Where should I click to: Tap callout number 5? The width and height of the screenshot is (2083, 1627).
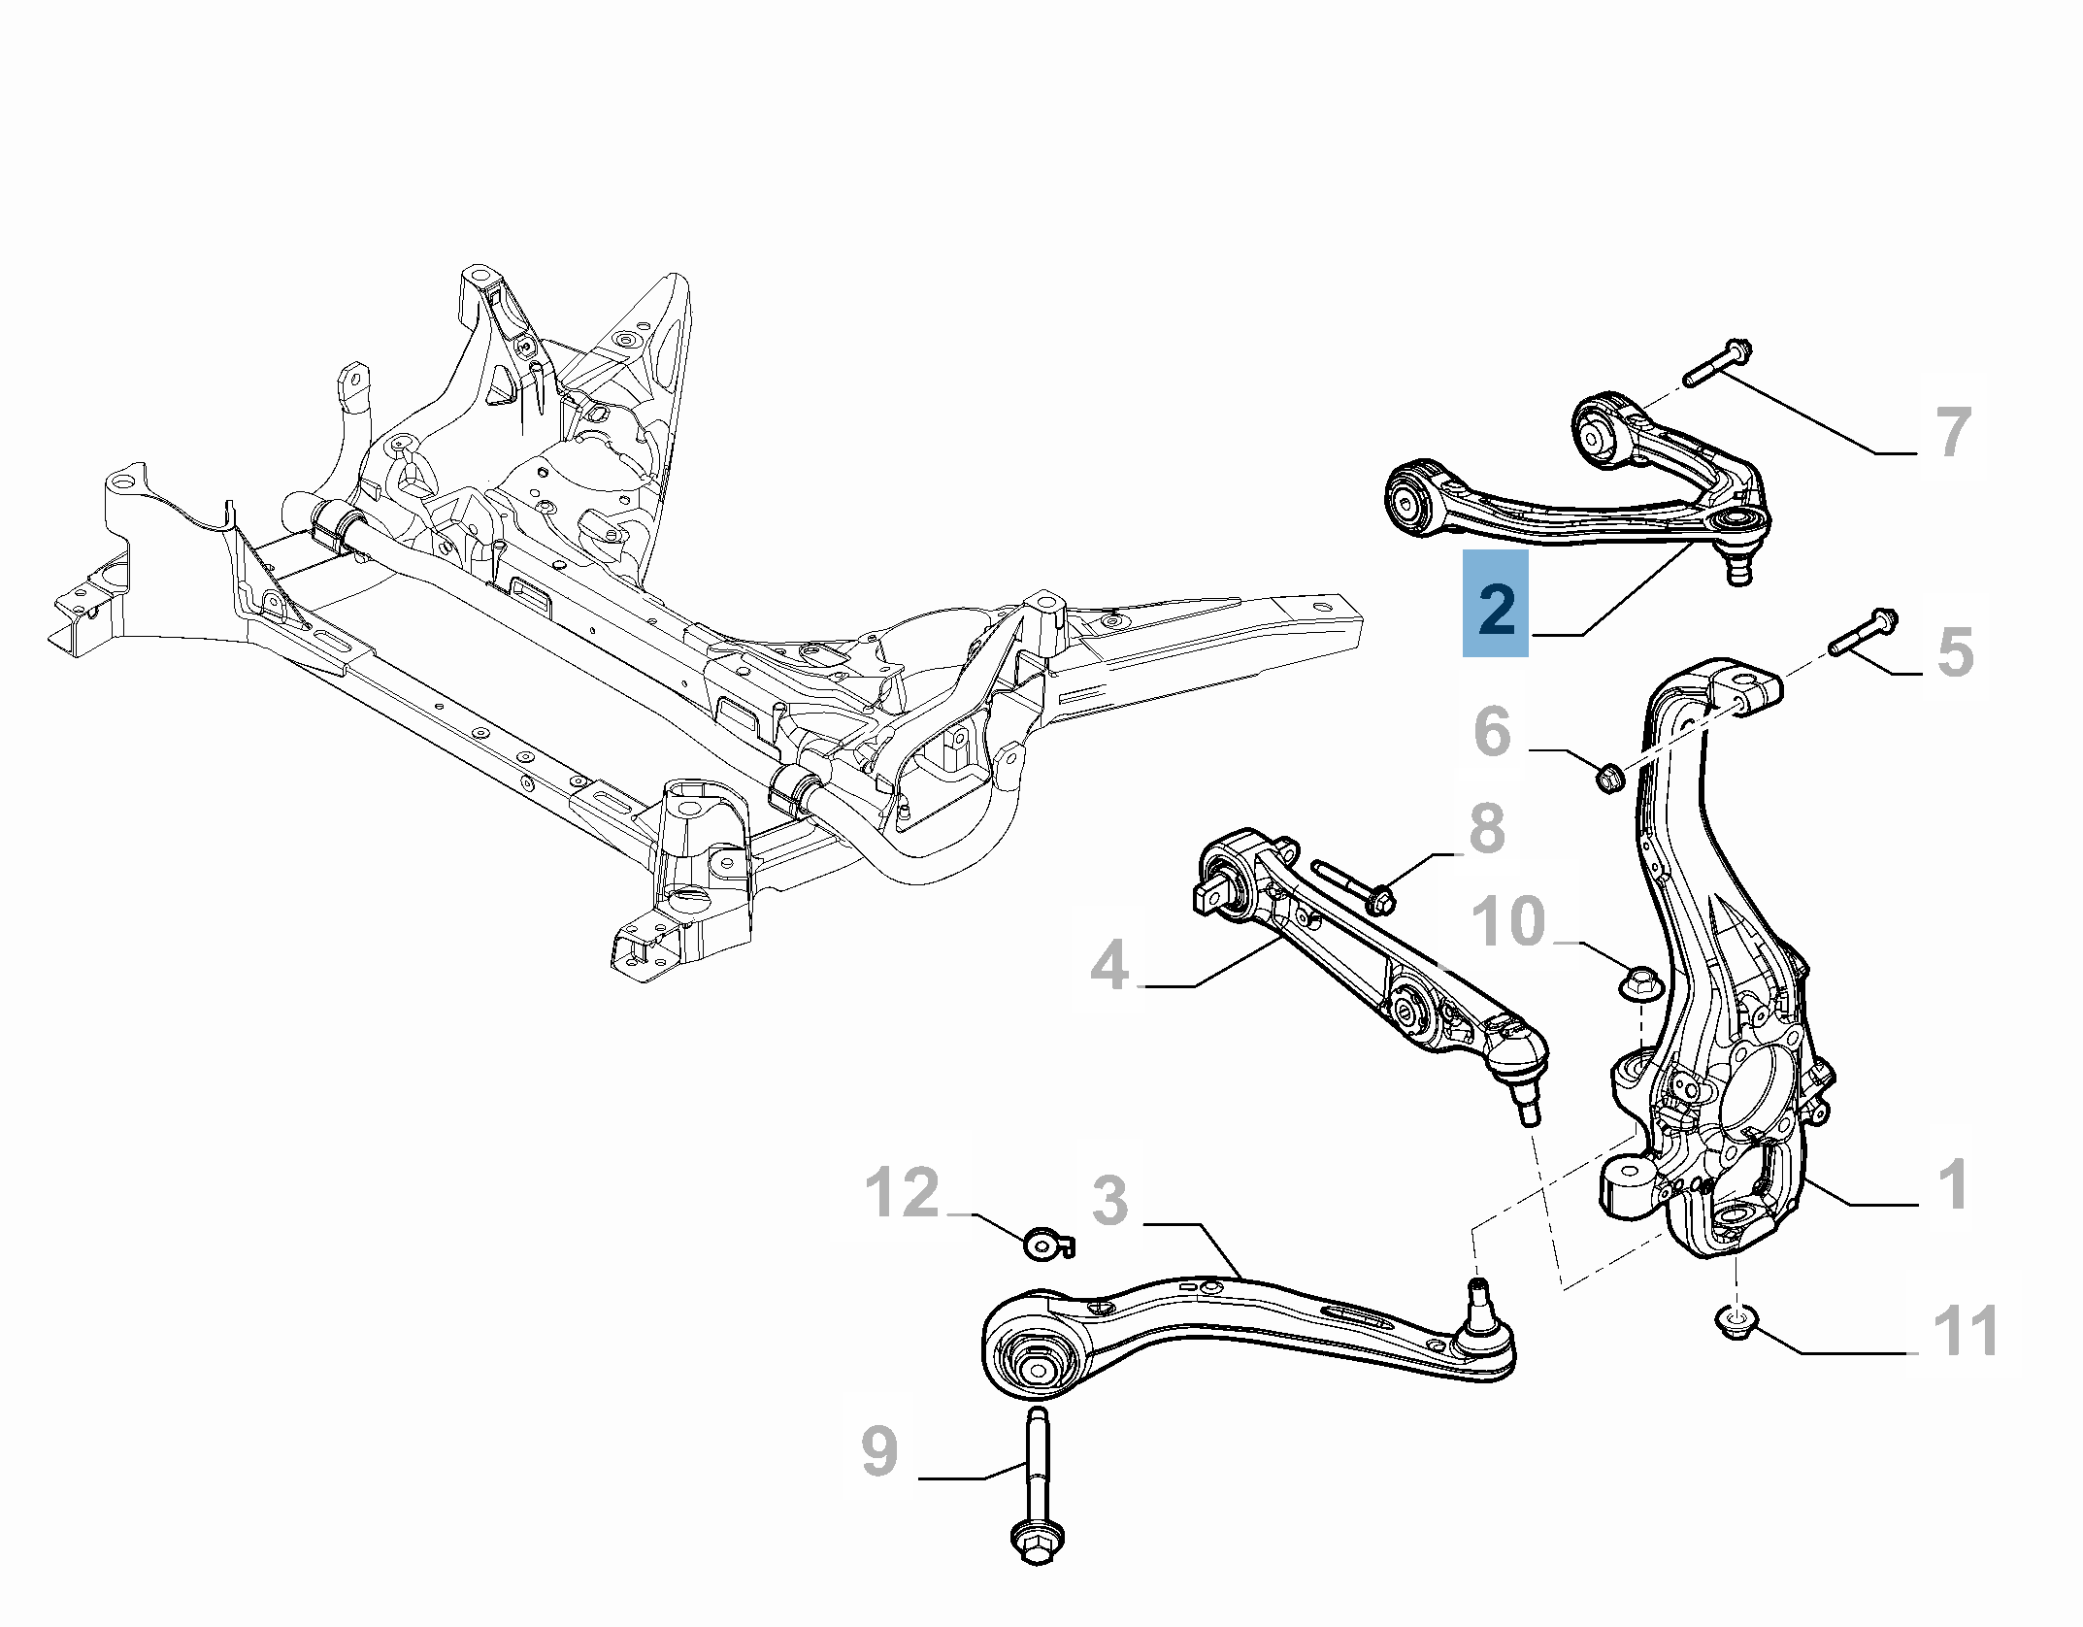pos(1955,651)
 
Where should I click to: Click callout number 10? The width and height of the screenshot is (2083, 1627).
pos(1508,920)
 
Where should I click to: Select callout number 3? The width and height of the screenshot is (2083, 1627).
pos(1109,1201)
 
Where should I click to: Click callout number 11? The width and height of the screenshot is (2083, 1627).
pos(1967,1331)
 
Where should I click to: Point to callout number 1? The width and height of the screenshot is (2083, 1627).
pos(1953,1184)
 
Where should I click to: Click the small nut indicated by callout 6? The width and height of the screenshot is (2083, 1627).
pos(1609,777)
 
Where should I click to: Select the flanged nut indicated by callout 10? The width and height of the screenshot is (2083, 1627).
pos(1642,982)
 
